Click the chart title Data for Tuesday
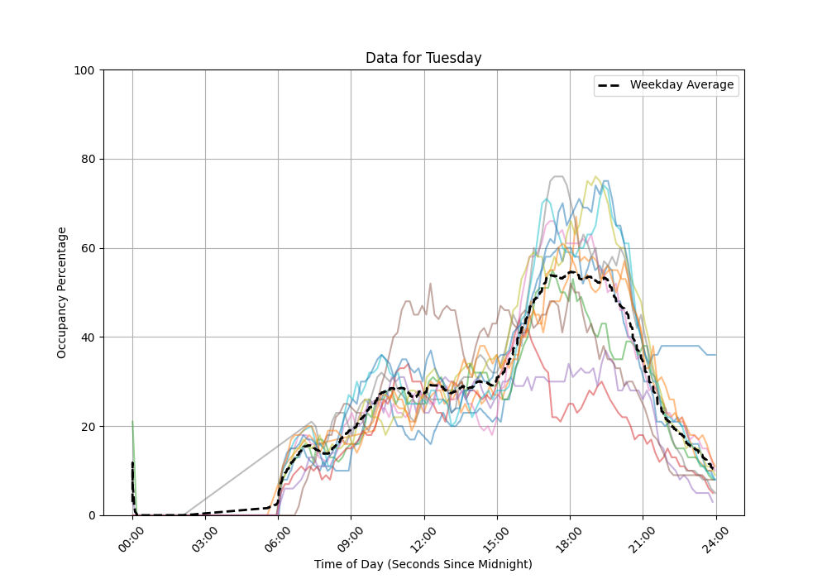pos(423,58)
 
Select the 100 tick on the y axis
pos(84,70)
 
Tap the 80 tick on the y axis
pos(88,159)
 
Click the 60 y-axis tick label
pos(88,248)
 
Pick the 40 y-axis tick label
pos(88,337)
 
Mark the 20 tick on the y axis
pos(88,427)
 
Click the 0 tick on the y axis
pos(91,515)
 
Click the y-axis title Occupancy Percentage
pos(62,293)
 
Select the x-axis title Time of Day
pos(423,564)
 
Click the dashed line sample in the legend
pos(611,85)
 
